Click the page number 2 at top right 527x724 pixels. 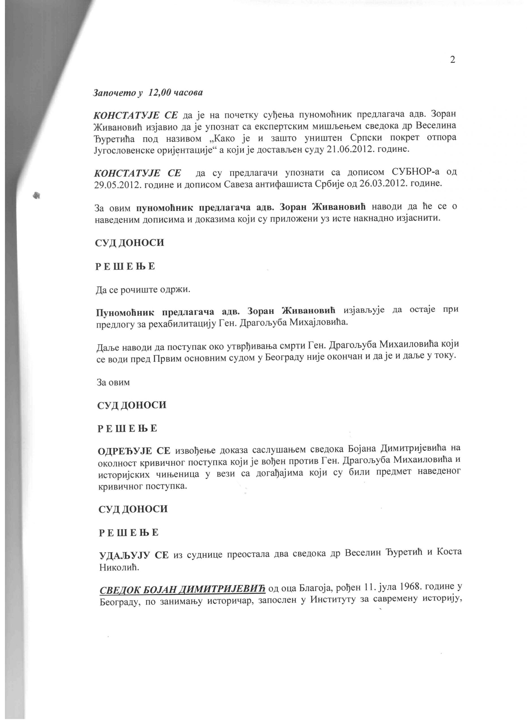pos(452,60)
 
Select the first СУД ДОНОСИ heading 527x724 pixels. pos(130,243)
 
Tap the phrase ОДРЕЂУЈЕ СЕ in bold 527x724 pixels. pos(134,451)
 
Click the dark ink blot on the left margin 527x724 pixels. pos(37,195)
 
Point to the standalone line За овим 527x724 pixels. pos(113,382)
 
